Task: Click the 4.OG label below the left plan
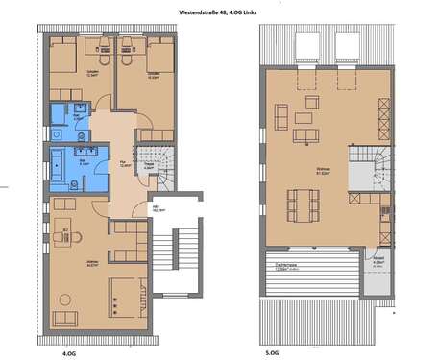69,353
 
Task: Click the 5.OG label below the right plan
272,353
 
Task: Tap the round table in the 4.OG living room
66,234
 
